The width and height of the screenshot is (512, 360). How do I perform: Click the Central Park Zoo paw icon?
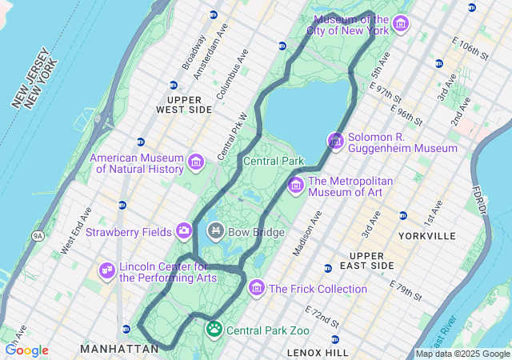[x=214, y=329]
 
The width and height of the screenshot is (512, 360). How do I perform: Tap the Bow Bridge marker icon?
[x=215, y=232]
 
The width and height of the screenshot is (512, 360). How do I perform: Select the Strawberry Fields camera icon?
[x=184, y=231]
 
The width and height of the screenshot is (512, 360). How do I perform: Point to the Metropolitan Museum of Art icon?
[x=295, y=186]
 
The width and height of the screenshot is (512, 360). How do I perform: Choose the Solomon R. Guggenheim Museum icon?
[x=336, y=142]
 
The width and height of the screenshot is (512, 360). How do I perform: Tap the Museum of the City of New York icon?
[x=401, y=24]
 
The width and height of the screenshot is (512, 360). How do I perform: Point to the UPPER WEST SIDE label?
[x=184, y=104]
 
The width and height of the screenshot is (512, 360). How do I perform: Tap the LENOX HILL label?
[x=318, y=352]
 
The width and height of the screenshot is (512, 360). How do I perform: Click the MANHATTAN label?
[x=120, y=349]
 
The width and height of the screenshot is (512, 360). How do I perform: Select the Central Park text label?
[x=273, y=161]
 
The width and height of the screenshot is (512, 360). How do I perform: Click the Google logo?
[x=26, y=350]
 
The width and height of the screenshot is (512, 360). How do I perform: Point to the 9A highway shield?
[x=38, y=236]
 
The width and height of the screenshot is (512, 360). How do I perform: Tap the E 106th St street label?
[x=470, y=48]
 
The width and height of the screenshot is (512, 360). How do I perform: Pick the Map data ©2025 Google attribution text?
[x=462, y=354]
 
